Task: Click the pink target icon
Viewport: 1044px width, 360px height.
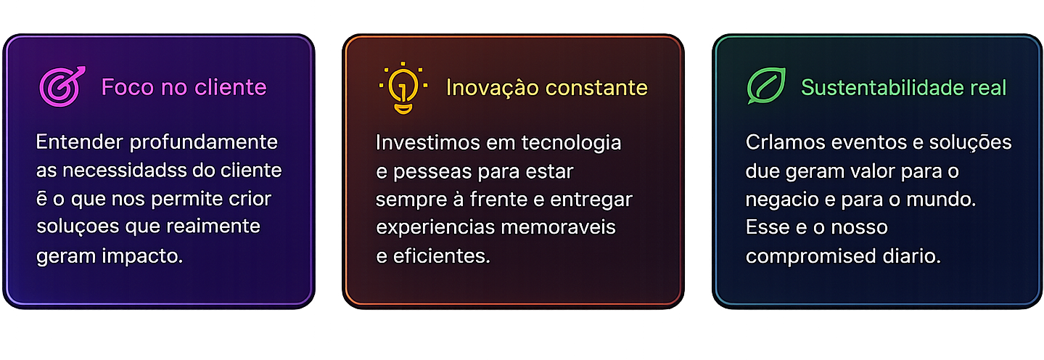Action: point(62,86)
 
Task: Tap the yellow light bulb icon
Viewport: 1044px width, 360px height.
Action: point(403,88)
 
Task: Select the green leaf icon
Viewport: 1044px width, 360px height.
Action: point(766,86)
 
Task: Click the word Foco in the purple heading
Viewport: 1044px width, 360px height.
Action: point(128,87)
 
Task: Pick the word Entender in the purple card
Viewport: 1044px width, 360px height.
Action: point(80,142)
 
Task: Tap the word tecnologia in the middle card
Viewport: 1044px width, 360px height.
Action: point(571,143)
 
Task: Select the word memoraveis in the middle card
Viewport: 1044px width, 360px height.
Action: point(558,227)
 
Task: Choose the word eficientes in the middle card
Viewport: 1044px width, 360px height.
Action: point(441,256)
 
